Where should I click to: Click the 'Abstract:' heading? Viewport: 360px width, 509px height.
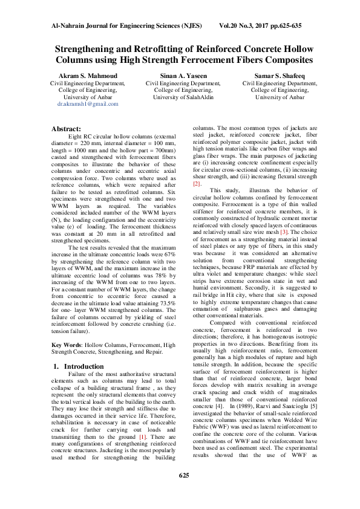[x=67, y=129]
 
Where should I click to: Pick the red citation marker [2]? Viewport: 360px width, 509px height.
[x=196, y=184]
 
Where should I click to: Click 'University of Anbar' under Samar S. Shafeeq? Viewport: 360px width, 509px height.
[x=280, y=97]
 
